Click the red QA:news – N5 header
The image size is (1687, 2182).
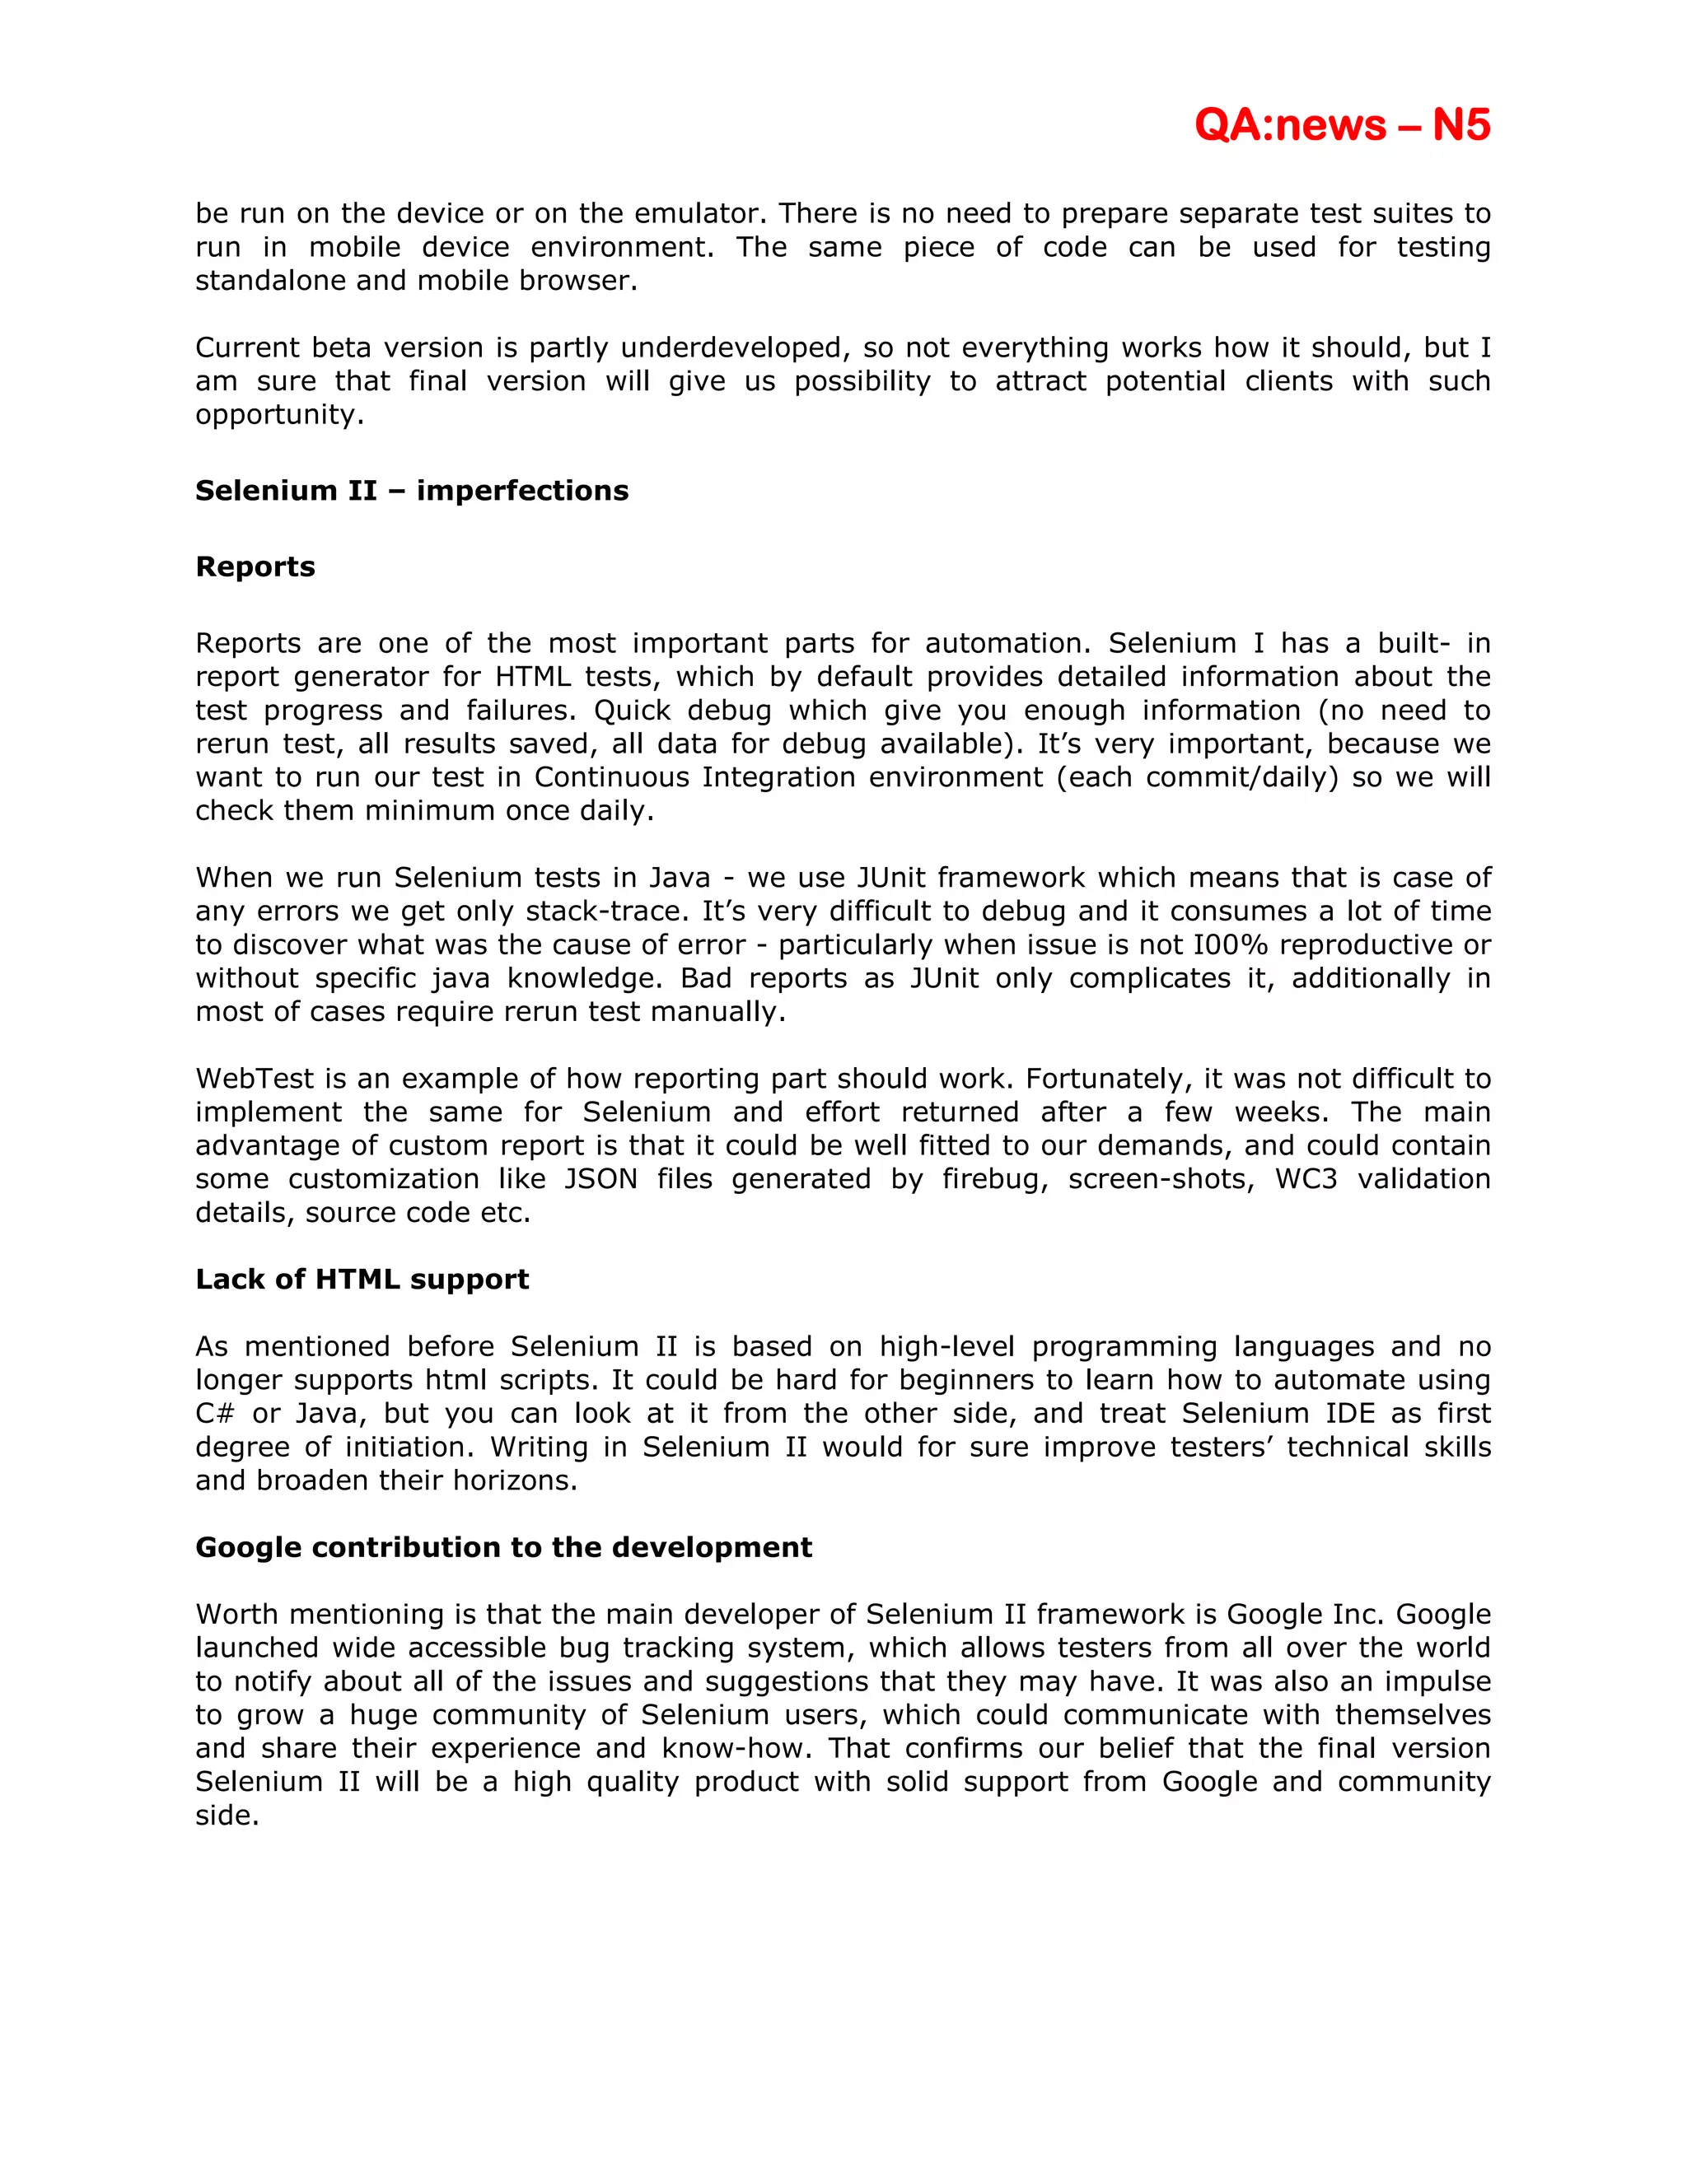click(x=1341, y=125)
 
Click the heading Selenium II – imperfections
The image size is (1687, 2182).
click(x=412, y=491)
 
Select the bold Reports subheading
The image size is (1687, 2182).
click(x=255, y=566)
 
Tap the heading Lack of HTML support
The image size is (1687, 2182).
click(x=362, y=1279)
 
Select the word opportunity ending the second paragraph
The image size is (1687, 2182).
click(x=279, y=415)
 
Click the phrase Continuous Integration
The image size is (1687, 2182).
click(x=695, y=777)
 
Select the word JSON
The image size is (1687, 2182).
click(x=600, y=1179)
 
